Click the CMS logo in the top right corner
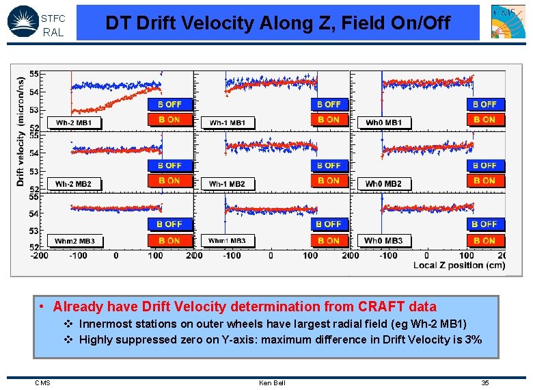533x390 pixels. click(x=508, y=21)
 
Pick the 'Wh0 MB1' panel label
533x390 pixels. click(x=383, y=123)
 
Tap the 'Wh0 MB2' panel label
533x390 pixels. click(x=383, y=183)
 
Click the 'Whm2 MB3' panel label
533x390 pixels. click(x=74, y=241)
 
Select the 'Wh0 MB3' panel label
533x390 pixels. click(x=383, y=241)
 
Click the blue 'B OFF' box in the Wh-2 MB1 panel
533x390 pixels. click(x=169, y=105)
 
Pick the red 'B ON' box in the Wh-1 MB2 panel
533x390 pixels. click(x=328, y=181)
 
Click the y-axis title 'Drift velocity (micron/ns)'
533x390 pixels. click(x=20, y=130)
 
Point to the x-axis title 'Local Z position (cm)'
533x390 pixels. click(x=459, y=265)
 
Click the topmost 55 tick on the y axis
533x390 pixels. click(x=33, y=74)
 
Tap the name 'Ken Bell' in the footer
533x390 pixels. click(x=272, y=382)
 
